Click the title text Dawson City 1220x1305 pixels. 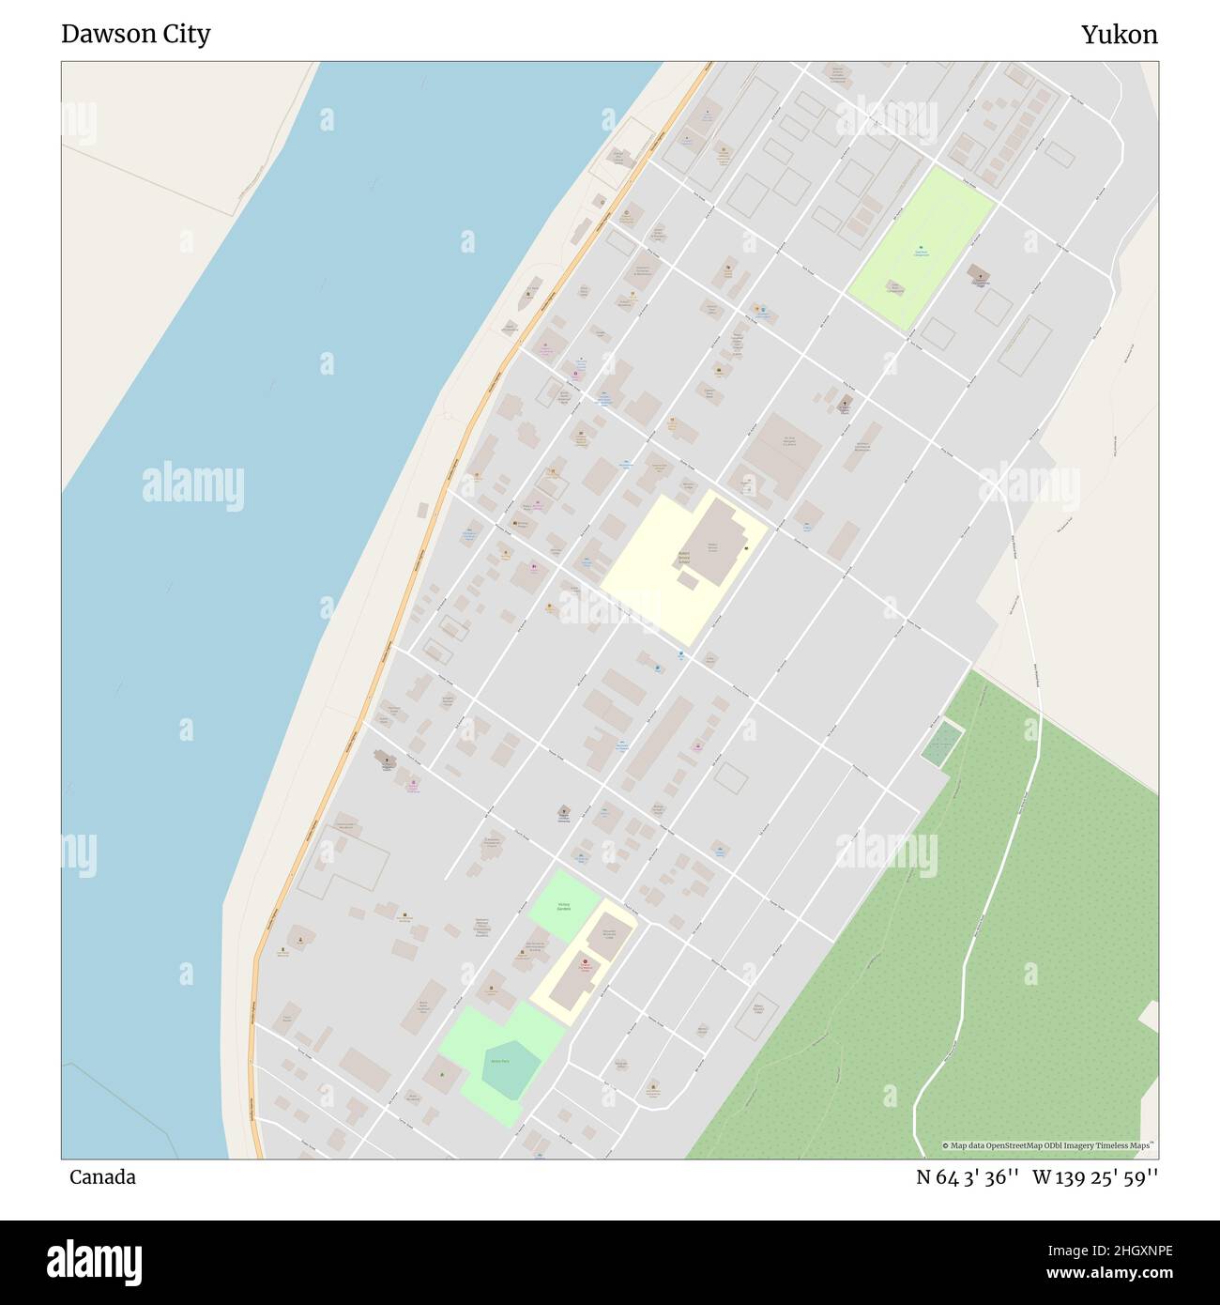click(135, 34)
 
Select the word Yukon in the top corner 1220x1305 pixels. click(1119, 35)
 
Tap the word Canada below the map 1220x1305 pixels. click(102, 1177)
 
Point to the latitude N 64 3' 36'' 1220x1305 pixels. click(967, 1177)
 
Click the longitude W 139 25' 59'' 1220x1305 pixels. click(1095, 1177)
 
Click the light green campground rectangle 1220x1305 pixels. click(920, 249)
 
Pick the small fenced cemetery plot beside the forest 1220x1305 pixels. click(941, 744)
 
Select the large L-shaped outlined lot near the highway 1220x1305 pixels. click(343, 864)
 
